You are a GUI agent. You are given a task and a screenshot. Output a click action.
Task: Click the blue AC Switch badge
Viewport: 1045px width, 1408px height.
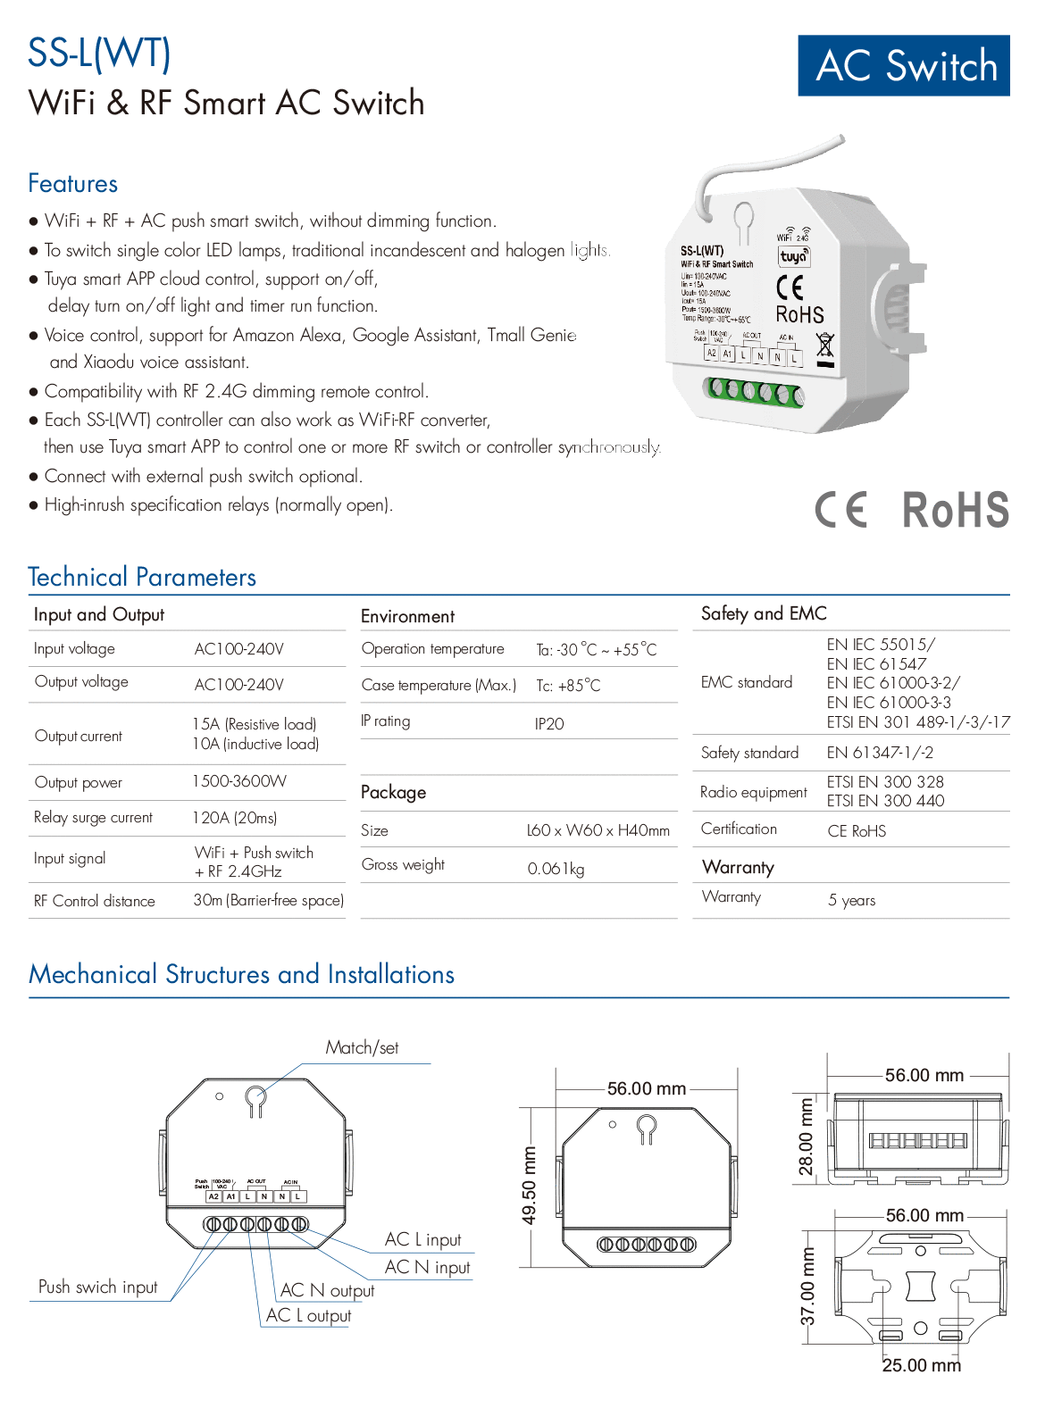[x=904, y=65]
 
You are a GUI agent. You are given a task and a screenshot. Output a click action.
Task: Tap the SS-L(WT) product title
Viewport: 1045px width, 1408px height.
[x=99, y=53]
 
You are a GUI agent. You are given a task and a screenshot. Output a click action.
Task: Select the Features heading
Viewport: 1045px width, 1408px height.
[x=73, y=184]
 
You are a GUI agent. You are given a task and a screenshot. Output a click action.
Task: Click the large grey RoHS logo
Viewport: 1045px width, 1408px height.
[x=956, y=511]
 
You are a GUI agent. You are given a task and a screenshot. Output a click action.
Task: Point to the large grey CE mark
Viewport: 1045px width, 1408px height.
[x=840, y=511]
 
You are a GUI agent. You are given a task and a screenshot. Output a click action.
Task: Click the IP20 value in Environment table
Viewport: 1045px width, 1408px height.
[x=549, y=724]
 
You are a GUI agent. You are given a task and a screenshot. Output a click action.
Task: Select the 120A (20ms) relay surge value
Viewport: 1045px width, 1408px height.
[x=235, y=818]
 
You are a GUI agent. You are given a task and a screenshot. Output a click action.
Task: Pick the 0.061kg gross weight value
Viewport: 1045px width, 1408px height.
[x=556, y=869]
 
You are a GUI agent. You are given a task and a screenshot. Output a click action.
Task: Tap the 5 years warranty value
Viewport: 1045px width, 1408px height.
[x=851, y=900]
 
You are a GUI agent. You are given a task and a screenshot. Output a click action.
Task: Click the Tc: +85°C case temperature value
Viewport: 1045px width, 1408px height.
[x=568, y=686]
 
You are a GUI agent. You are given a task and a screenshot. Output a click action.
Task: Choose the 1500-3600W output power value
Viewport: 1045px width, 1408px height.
[x=239, y=781]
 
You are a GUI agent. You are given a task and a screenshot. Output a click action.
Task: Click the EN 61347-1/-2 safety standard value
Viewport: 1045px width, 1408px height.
[x=880, y=753]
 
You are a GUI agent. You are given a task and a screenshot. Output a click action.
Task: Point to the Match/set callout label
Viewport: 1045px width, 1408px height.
[x=362, y=1048]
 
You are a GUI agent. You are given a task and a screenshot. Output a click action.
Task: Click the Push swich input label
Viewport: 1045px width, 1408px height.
[x=98, y=1287]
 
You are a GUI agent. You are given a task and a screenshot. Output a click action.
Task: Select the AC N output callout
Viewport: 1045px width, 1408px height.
[x=328, y=1290]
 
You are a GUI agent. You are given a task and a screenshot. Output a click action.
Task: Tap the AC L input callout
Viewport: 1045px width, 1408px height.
[x=423, y=1239]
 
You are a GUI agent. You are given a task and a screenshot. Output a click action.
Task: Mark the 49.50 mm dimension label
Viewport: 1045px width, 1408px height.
[x=530, y=1186]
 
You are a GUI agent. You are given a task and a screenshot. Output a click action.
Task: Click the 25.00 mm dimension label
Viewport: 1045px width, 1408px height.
[x=922, y=1365]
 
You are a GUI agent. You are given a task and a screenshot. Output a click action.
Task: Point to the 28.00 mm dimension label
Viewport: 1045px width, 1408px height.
[x=807, y=1137]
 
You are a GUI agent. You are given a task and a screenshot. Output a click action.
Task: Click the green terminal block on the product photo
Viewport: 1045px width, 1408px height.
[x=752, y=390]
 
